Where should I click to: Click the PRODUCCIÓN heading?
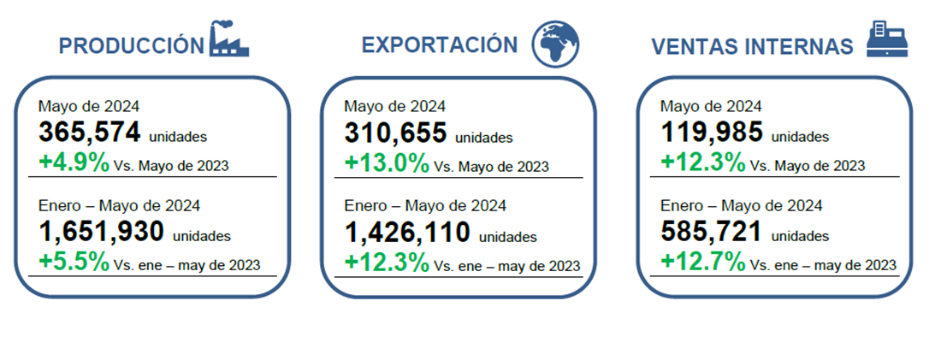(x=132, y=45)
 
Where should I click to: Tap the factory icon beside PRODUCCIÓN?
(x=229, y=40)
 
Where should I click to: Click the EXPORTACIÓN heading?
(x=440, y=45)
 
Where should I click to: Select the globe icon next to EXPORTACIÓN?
(x=555, y=43)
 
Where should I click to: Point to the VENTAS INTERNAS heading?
(x=752, y=46)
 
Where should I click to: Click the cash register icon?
(x=886, y=39)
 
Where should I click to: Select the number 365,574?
(x=90, y=133)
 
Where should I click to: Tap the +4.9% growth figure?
(x=74, y=162)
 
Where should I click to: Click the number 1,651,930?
(x=102, y=232)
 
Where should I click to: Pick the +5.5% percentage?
(x=74, y=261)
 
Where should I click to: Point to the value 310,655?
(x=395, y=133)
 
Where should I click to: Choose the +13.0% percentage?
(x=387, y=162)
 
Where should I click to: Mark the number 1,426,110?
(x=407, y=232)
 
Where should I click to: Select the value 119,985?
(x=712, y=133)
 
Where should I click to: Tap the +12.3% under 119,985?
(x=703, y=162)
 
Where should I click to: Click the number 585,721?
(x=712, y=232)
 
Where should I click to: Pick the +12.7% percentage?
(x=703, y=261)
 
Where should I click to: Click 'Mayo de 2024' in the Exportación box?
(x=394, y=107)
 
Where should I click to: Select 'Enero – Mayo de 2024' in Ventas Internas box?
(x=741, y=206)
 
